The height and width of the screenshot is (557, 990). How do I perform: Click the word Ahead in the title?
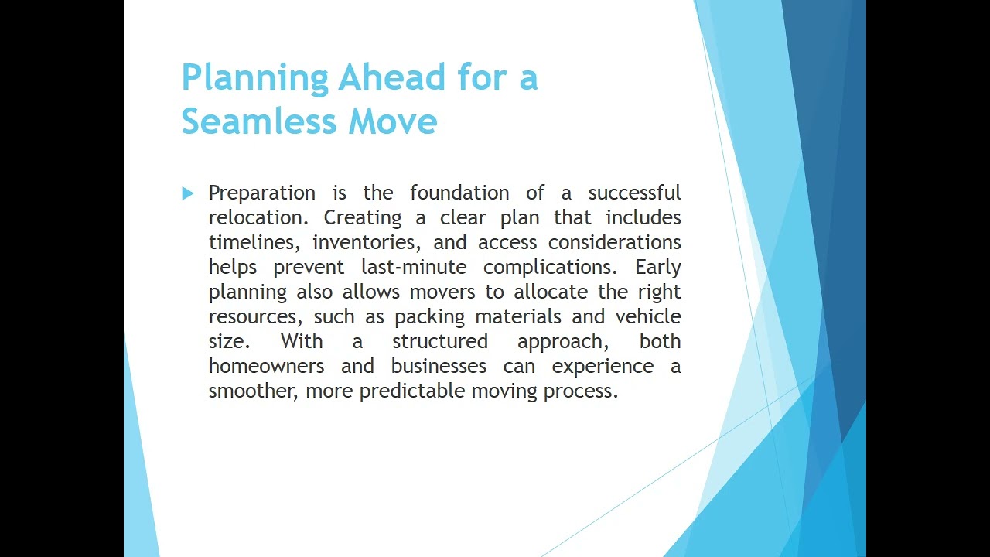click(392, 77)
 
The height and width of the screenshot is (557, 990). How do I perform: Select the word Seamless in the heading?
click(259, 120)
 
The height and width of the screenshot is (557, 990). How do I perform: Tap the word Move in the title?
click(393, 121)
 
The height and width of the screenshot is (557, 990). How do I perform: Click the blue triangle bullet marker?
click(187, 193)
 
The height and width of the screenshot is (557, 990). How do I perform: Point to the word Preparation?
click(262, 193)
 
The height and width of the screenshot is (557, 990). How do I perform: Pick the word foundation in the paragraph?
click(459, 193)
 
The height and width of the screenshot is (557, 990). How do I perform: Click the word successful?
click(634, 193)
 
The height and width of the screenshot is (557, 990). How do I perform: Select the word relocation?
click(258, 217)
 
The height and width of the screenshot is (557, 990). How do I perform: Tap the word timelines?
click(254, 243)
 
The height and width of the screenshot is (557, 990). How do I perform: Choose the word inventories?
click(367, 243)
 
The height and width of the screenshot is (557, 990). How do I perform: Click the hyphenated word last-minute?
click(414, 267)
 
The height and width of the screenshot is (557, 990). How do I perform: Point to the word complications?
click(550, 268)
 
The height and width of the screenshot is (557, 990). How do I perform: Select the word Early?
click(658, 268)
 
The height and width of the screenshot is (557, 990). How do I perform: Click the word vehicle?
click(648, 316)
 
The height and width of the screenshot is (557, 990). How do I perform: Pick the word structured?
click(440, 341)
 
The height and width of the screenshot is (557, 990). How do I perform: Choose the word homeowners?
click(267, 366)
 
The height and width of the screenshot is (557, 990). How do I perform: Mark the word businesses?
click(439, 366)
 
